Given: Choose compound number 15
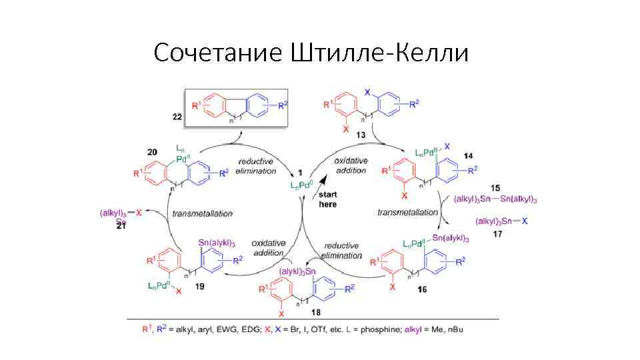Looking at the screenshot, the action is pyautogui.click(x=496, y=189).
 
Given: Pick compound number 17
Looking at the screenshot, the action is pyautogui.click(x=496, y=233).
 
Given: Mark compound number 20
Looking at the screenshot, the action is pyautogui.click(x=152, y=153).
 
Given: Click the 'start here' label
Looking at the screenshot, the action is pyautogui.click(x=328, y=199).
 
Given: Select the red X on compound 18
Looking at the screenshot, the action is pyautogui.click(x=282, y=312).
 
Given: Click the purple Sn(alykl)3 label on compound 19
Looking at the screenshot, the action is pyautogui.click(x=217, y=243).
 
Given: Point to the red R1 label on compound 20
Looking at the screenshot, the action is pyautogui.click(x=139, y=174).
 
